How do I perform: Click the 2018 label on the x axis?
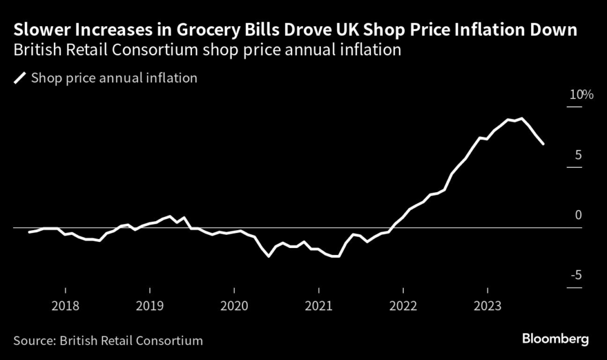[x=65, y=307]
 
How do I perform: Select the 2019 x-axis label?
[x=149, y=307]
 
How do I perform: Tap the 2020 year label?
[x=234, y=307]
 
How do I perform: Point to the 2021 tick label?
[x=319, y=307]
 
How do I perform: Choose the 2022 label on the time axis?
[x=403, y=307]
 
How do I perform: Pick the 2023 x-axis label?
[x=488, y=307]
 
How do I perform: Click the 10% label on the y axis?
[x=581, y=95]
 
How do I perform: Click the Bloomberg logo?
[x=555, y=339]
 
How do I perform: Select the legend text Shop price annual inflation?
[x=114, y=78]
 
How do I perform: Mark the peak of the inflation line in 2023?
[x=521, y=119]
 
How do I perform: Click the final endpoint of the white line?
[x=544, y=144]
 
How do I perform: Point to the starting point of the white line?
[x=29, y=232]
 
